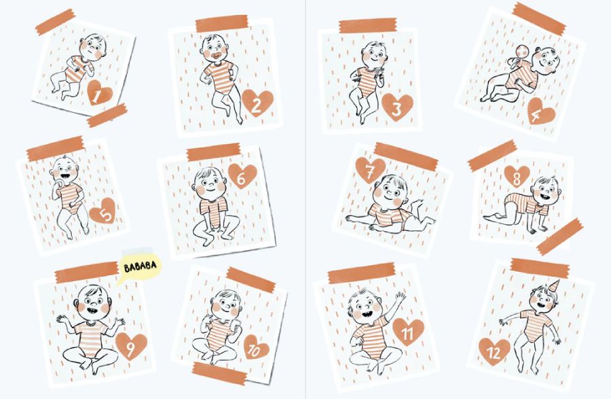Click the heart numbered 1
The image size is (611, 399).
pos(100,93)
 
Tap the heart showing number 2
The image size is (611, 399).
pos(257,103)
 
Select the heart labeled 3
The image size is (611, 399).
pos(397,107)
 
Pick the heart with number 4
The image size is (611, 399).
pos(540,111)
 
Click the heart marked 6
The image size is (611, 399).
pos(242,176)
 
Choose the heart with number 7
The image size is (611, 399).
pos(370,170)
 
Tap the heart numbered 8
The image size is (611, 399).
pos(517,177)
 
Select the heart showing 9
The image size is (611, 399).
pos(131,345)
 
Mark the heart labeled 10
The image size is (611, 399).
pos(256,347)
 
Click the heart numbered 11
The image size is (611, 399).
pos(408,331)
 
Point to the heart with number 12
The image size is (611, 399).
pos(494,351)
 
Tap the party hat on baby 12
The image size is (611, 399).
pos(555,285)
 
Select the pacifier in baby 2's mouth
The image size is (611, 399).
pos(216,57)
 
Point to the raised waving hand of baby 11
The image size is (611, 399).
pos(399,297)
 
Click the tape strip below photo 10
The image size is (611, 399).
pos(220,373)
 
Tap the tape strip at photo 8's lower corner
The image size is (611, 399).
pos(560,237)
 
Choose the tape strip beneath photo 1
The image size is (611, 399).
pos(107,115)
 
